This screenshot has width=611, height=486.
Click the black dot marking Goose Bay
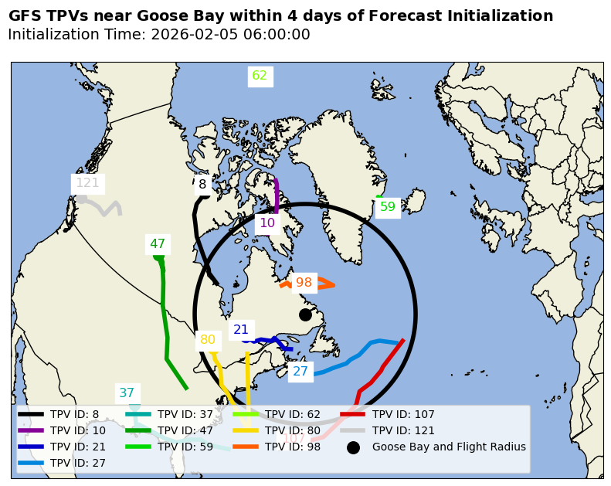pos(305,314)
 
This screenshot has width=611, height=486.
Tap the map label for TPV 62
pos(260,76)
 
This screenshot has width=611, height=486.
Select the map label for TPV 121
pos(87,183)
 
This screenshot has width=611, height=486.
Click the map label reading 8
pos(202,185)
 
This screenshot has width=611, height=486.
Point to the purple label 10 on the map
pos(267,223)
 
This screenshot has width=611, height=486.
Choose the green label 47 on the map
pos(158,244)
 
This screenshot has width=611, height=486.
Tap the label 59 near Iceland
pos(388,207)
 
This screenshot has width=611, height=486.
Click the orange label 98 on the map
pos(304,283)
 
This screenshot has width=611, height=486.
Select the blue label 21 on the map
pos(241,330)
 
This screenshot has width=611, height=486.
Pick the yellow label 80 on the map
pos(208,340)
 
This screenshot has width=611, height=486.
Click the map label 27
pos(300,372)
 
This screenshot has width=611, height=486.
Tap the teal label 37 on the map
pos(127,393)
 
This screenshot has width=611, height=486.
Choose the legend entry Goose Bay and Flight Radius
pos(449,447)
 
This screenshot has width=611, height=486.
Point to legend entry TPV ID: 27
pos(77,463)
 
